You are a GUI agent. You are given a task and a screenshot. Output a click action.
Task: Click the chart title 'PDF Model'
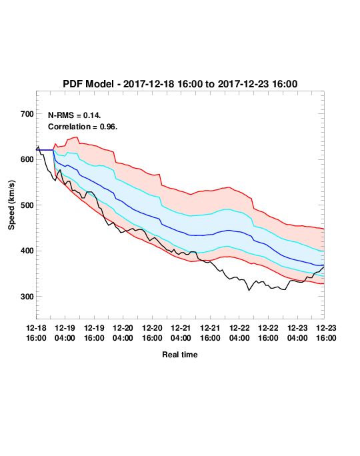pyautogui.click(x=88, y=84)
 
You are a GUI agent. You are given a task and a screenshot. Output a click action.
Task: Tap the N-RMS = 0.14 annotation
pyautogui.click(x=75, y=115)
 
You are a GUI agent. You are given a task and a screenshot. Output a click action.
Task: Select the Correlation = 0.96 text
pyautogui.click(x=83, y=127)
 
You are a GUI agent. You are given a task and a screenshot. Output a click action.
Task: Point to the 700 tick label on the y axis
pyautogui.click(x=27, y=114)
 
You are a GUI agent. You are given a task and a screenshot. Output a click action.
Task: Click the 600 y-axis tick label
pyautogui.click(x=27, y=159)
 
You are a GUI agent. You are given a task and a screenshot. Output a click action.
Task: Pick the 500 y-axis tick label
pyautogui.click(x=27, y=205)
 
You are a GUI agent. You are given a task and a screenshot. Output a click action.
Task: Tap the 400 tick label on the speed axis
pyautogui.click(x=27, y=251)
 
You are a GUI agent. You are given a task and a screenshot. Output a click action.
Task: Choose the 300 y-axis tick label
pyautogui.click(x=27, y=297)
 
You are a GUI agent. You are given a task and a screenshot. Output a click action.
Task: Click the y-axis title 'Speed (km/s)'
pyautogui.click(x=11, y=205)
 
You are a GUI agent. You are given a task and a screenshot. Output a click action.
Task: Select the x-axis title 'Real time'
pyautogui.click(x=180, y=355)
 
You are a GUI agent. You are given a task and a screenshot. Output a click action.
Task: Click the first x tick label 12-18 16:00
pyautogui.click(x=36, y=333)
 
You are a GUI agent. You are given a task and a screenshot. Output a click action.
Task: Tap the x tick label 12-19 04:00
pyautogui.click(x=65, y=333)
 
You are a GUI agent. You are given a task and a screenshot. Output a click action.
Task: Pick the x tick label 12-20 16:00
pyautogui.click(x=152, y=333)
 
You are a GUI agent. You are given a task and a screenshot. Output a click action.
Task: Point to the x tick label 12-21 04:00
pyautogui.click(x=181, y=333)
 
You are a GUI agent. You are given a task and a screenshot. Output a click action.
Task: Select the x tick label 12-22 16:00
pyautogui.click(x=268, y=333)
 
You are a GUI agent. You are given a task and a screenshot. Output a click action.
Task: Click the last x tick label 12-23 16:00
pyautogui.click(x=326, y=333)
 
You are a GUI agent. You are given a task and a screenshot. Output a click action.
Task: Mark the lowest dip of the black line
pyautogui.click(x=249, y=290)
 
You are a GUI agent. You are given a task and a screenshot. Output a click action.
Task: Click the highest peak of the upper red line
pyautogui.click(x=76, y=137)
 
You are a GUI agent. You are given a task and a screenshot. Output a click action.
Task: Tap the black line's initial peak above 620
pyautogui.click(x=38, y=147)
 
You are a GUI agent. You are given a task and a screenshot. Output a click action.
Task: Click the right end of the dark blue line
pyautogui.click(x=324, y=265)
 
